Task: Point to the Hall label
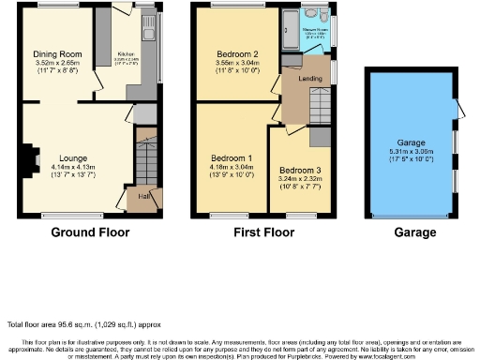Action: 144,196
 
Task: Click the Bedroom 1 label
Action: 230,158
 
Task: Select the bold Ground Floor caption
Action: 90,232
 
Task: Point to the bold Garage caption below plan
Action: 414,232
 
